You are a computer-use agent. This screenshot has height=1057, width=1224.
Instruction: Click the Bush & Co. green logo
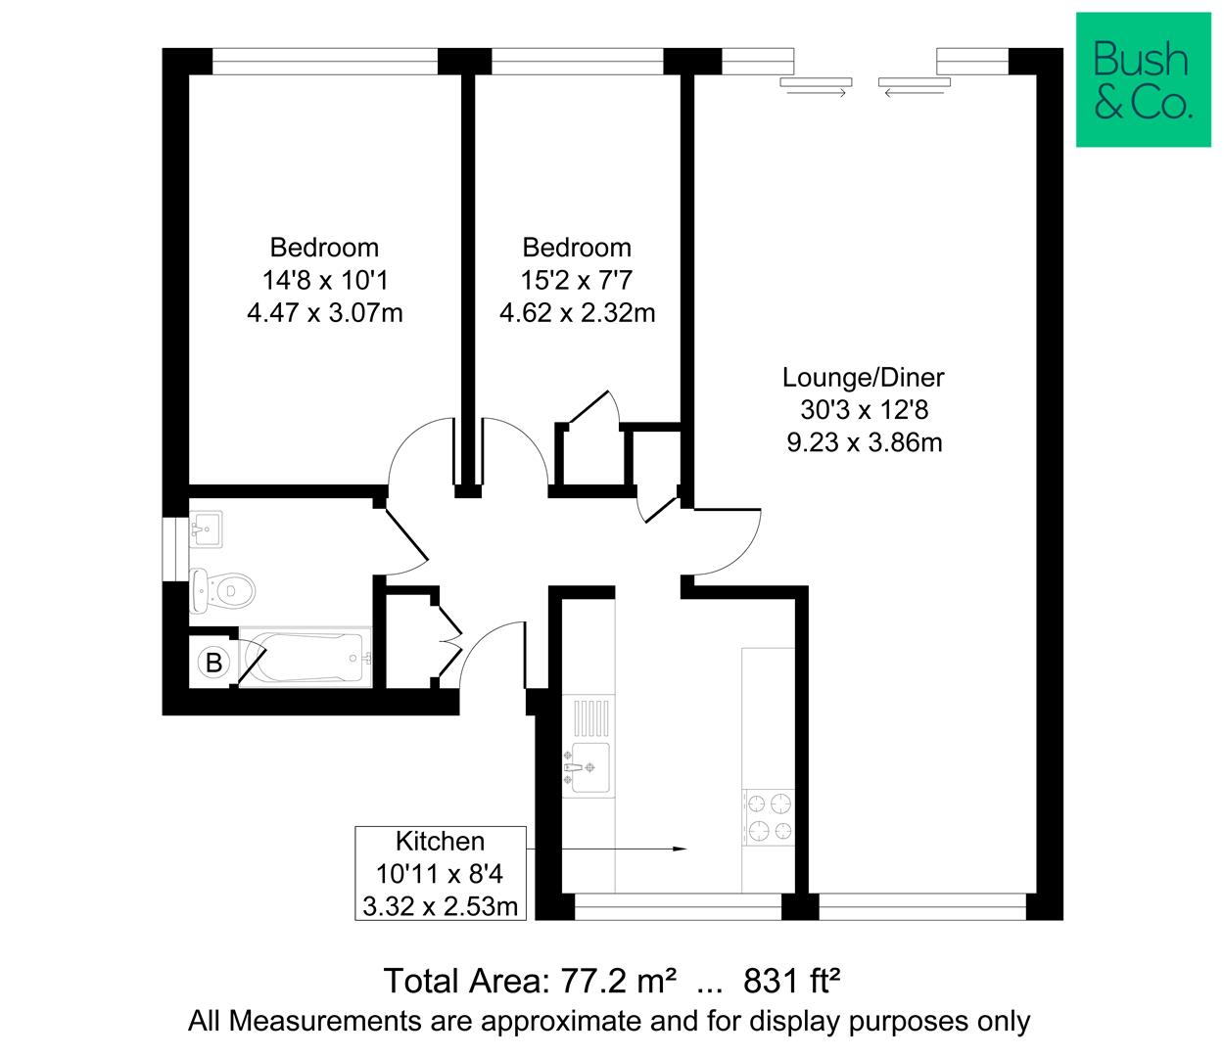[x=1142, y=80]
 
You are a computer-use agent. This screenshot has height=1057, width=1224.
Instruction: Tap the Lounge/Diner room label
[x=863, y=377]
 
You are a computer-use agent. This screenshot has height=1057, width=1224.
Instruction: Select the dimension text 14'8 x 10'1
[x=324, y=281]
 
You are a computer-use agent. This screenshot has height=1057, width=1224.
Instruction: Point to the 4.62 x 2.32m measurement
[x=577, y=313]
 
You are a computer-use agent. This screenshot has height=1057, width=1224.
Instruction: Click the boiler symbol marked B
[x=213, y=663]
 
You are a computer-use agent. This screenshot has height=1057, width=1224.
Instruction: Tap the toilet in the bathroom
[x=224, y=589]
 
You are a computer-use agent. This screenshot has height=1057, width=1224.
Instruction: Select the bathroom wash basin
[x=206, y=531]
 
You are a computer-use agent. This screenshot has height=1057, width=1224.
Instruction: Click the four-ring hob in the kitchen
[x=769, y=818]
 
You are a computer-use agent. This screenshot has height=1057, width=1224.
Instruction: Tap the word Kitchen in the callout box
[x=440, y=842]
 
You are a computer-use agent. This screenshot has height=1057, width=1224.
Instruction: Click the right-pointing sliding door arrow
[x=816, y=93]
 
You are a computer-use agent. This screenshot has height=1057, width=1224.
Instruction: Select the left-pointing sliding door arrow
[x=915, y=93]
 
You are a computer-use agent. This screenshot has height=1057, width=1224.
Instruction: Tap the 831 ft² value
[x=793, y=981]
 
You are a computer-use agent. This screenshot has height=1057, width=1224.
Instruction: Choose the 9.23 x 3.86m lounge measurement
[x=864, y=442]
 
